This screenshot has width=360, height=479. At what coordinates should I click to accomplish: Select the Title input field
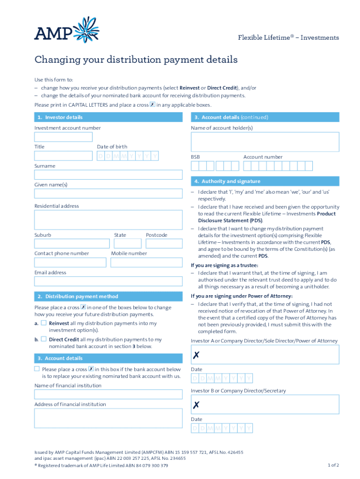[63, 156]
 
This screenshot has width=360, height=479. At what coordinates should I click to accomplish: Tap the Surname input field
[108, 174]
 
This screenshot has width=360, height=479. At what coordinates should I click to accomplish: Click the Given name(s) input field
[108, 193]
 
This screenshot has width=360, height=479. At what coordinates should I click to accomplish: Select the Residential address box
[108, 219]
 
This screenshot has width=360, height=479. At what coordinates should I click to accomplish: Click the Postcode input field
[163, 243]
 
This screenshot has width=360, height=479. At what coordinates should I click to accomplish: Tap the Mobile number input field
[146, 262]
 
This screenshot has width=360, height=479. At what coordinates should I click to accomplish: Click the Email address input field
[108, 281]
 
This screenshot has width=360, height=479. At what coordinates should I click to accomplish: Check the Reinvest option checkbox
[43, 323]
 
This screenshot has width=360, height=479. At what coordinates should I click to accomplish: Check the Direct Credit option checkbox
[43, 339]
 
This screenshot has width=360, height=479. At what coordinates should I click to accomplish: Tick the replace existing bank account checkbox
[37, 369]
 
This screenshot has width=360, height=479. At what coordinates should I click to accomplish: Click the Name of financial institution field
[108, 394]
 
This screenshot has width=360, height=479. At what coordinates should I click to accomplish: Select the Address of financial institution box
[108, 418]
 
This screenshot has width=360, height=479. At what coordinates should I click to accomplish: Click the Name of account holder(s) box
[265, 142]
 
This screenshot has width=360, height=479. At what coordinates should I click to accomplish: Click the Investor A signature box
[265, 355]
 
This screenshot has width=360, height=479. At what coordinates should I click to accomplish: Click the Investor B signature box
[265, 404]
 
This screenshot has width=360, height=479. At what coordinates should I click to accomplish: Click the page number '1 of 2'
[333, 465]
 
